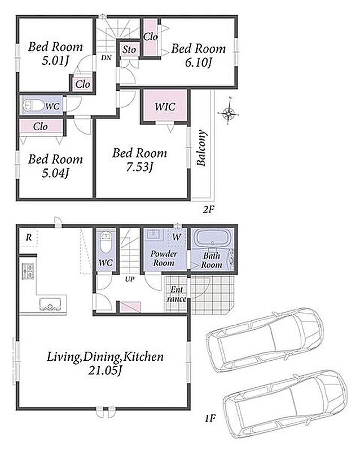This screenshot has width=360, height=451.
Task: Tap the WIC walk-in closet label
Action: point(165,107)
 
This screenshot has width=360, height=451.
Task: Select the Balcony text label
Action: point(201,148)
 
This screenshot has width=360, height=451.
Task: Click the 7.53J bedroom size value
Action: point(139,167)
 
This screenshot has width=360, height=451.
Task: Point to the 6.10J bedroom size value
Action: point(199,62)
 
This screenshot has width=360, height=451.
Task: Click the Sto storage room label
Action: point(129,50)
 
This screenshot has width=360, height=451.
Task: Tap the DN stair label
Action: point(106,58)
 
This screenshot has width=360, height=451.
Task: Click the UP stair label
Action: point(130,279)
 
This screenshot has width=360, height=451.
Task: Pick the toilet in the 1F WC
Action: point(106,242)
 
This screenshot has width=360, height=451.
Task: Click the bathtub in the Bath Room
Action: point(213,237)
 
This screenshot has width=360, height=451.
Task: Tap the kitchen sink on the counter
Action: point(50,304)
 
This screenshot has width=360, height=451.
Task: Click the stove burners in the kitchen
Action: point(28,271)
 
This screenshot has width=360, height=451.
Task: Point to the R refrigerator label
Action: point(29,237)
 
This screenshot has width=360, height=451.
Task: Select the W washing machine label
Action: point(177,237)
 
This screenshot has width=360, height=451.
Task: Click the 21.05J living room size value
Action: point(105,370)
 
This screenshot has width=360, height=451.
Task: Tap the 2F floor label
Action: point(209,209)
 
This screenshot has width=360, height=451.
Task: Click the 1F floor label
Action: point(210,418)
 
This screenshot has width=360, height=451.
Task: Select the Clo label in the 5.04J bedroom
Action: point(40,126)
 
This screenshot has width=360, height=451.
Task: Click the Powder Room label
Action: point(164,258)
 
